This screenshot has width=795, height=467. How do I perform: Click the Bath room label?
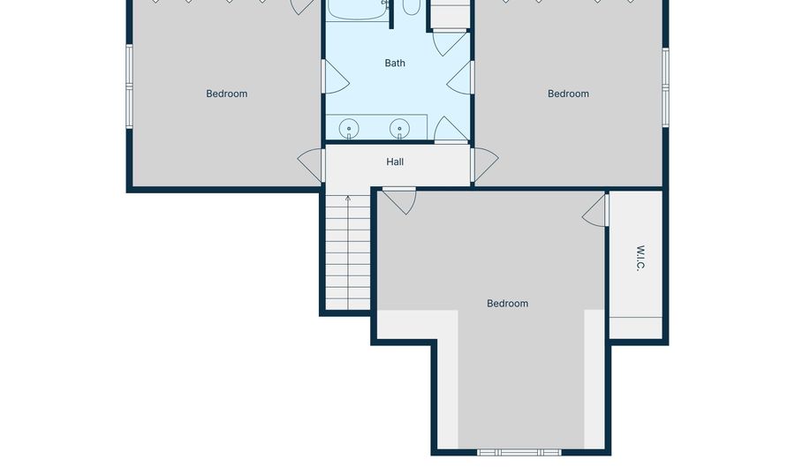(x=395, y=63)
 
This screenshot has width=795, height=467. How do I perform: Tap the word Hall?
(x=395, y=162)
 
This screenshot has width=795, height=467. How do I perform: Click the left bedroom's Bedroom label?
(x=227, y=94)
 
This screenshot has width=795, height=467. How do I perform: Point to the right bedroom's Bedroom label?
(x=568, y=94)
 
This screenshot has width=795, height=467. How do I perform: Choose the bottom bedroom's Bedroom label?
(x=508, y=303)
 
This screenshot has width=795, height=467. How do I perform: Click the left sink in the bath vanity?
(x=350, y=129)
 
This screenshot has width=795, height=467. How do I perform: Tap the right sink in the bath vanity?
(x=400, y=129)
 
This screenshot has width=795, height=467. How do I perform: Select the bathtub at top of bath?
(x=358, y=9)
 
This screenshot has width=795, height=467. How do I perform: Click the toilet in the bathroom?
(x=411, y=7)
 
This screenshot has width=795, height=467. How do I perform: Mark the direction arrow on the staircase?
(x=348, y=200)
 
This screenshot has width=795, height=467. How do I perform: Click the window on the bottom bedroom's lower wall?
(x=519, y=452)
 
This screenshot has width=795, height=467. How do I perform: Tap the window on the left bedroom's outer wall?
(x=130, y=87)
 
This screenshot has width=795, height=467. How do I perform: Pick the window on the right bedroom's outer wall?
(x=665, y=87)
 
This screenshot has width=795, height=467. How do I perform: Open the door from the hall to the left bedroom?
(x=313, y=164)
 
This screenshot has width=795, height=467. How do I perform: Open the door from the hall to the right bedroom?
(x=484, y=164)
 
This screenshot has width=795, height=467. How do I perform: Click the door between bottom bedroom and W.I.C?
(x=596, y=209)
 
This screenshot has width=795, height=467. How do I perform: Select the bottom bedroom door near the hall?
(x=399, y=200)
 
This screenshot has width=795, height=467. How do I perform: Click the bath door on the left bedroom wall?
(x=334, y=78)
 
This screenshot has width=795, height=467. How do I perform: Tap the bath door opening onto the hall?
(x=450, y=130)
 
